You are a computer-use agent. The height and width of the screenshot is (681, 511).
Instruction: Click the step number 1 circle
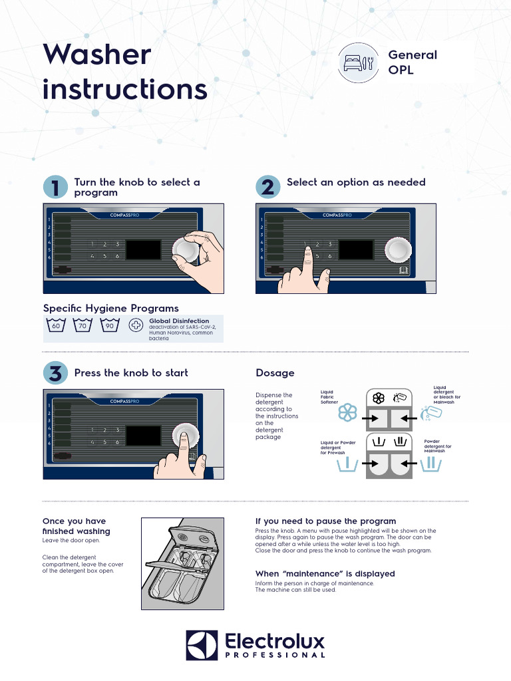coord(55,187)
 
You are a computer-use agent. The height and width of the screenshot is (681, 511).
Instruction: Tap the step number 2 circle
coord(267,187)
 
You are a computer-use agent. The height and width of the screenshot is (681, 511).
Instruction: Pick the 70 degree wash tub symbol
coord(83,326)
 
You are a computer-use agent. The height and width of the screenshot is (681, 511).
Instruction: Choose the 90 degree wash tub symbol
coord(109,326)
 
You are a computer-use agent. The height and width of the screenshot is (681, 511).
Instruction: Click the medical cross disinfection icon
coord(136,327)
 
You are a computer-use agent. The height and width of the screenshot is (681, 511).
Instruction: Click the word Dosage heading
coord(275,373)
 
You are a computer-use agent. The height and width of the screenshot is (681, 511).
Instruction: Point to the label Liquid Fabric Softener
coord(329,397)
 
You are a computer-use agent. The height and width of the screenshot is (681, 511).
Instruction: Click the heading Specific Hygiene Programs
coord(110,308)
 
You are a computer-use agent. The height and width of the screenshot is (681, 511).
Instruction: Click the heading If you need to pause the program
coord(325,521)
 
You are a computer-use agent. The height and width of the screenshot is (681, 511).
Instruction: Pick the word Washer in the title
coord(97,55)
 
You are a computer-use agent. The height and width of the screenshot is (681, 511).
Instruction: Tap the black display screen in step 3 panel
coord(143,436)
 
